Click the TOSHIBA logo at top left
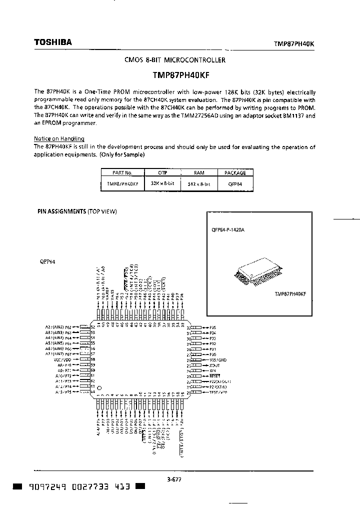(x=52, y=42)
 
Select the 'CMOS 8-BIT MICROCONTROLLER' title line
(x=174, y=60)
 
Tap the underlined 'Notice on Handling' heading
(x=59, y=138)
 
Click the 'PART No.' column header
(x=122, y=172)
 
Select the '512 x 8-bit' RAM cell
(x=198, y=184)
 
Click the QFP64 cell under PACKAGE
(x=235, y=184)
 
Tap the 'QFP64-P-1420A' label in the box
(x=228, y=230)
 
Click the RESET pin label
(x=215, y=375)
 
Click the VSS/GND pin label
(x=217, y=360)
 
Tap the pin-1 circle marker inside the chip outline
(x=99, y=388)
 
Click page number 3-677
(x=174, y=479)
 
